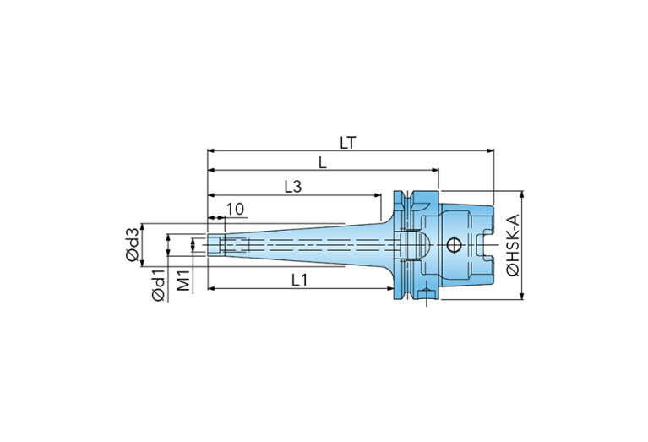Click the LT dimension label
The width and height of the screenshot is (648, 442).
(347, 143)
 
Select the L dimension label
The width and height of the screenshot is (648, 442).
(323, 162)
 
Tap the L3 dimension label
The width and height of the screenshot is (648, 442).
(293, 187)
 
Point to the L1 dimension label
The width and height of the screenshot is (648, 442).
(300, 281)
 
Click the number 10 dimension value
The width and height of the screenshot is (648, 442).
(236, 210)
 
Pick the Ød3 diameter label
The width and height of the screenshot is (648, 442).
(133, 244)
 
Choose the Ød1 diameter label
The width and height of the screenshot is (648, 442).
(158, 285)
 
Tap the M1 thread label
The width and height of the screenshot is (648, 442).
(183, 280)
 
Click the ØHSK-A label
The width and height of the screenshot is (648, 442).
(512, 245)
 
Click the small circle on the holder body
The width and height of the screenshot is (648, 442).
(454, 245)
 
